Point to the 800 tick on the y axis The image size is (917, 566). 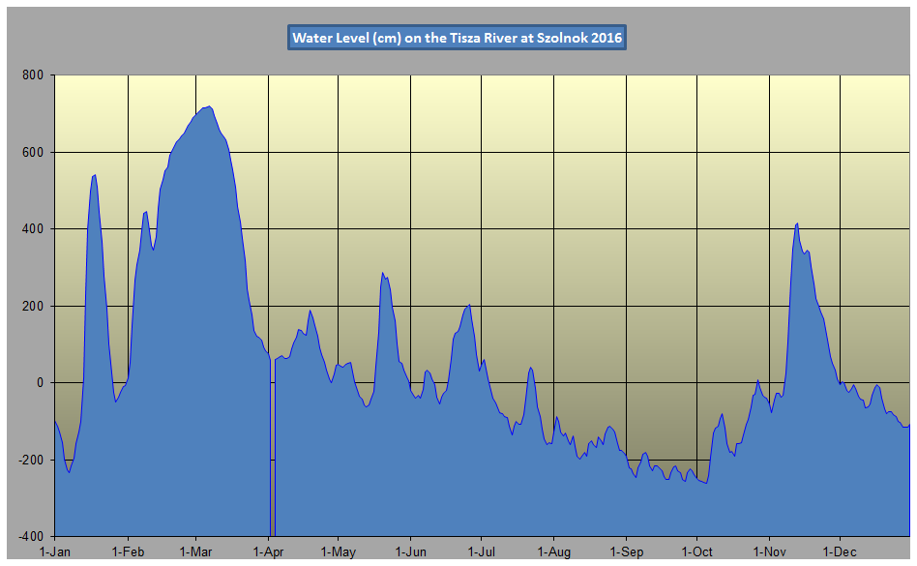click(x=34, y=75)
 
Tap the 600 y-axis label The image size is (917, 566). click(x=34, y=152)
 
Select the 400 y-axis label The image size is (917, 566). click(x=34, y=229)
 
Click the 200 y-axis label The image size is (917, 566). click(x=34, y=306)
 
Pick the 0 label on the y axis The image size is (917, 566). click(x=42, y=383)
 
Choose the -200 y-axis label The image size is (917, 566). click(x=32, y=460)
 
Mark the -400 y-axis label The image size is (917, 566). click(x=32, y=536)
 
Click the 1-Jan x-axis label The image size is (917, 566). click(x=54, y=552)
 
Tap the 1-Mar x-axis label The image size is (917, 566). click(x=195, y=552)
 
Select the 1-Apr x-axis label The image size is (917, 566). click(x=269, y=552)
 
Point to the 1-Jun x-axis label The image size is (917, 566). click(x=411, y=552)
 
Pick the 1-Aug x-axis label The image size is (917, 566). click(x=553, y=552)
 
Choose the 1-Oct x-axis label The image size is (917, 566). click(x=697, y=552)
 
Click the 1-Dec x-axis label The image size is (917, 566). click(x=840, y=552)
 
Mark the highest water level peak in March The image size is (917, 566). click(x=209, y=106)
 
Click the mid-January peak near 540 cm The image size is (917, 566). click(x=94, y=175)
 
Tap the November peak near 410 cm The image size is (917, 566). click(x=796, y=223)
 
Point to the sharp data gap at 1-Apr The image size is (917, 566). click(x=272, y=455)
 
